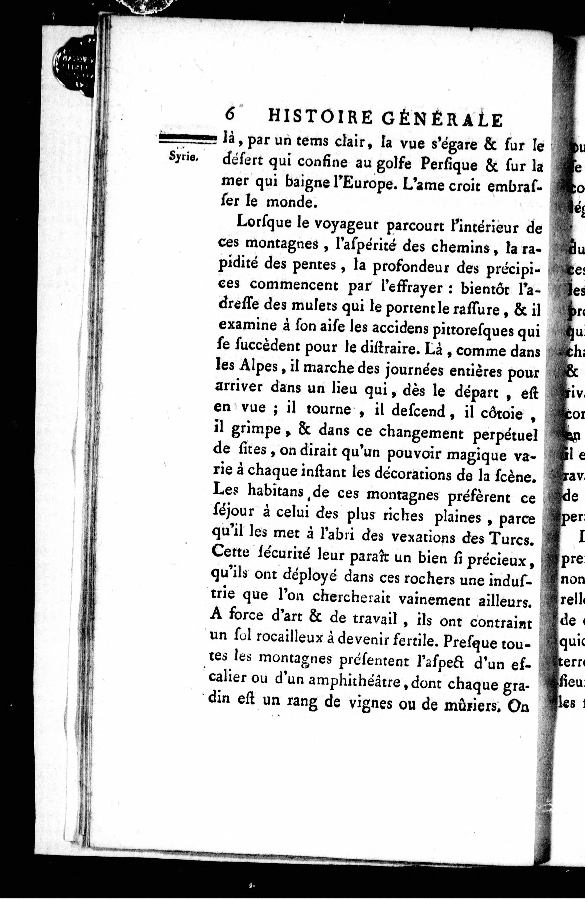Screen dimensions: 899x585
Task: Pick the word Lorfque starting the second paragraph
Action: [x=262, y=222]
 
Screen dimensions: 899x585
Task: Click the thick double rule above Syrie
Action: [x=187, y=139]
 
